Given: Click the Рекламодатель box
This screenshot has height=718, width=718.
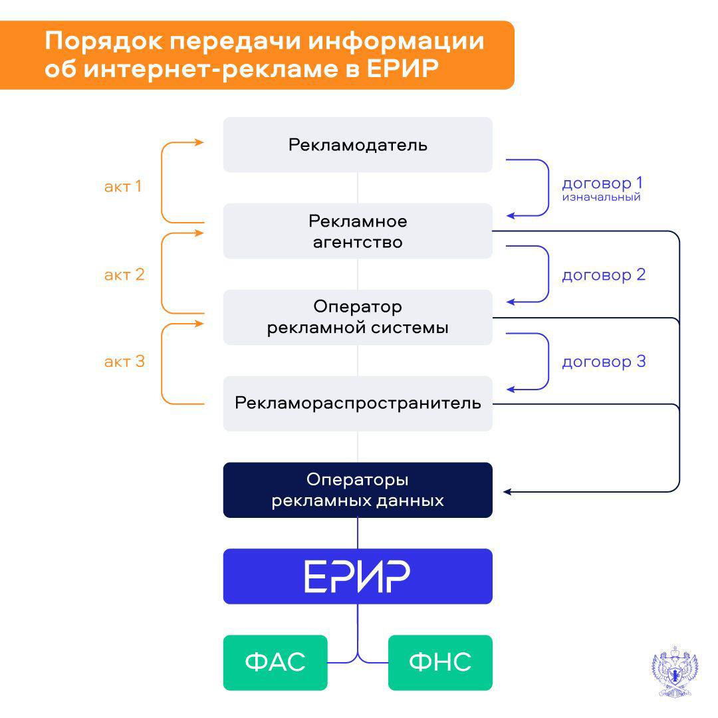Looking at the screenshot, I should pos(358,145).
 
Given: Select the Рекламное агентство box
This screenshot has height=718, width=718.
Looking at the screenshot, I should pos(358,231).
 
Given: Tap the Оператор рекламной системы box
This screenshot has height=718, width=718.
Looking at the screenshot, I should pos(358,317).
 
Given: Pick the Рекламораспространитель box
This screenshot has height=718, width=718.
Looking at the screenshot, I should pos(358,404).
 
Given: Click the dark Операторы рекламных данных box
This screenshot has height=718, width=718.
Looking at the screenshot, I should pos(358,490).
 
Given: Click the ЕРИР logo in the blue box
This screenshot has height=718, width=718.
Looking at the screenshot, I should pos(358,576).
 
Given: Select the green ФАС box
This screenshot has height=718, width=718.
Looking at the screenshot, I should pos(275,662).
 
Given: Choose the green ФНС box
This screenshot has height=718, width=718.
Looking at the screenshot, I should pos(440,662).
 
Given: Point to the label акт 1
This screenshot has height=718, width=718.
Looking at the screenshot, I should pos(123,186).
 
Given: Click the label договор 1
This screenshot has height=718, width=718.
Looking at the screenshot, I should pos(603,183).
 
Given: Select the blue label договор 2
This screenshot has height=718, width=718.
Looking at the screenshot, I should pos(604,275).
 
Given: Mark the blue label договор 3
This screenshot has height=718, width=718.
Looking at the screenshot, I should pos(604,362).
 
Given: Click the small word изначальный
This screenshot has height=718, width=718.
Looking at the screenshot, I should pos(601,197).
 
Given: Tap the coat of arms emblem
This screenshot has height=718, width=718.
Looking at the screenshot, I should pos(674,671).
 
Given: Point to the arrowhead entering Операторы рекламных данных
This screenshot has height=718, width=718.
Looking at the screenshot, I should pos(507,492).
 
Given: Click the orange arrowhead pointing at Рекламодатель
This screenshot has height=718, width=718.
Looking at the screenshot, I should pos(199,142).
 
